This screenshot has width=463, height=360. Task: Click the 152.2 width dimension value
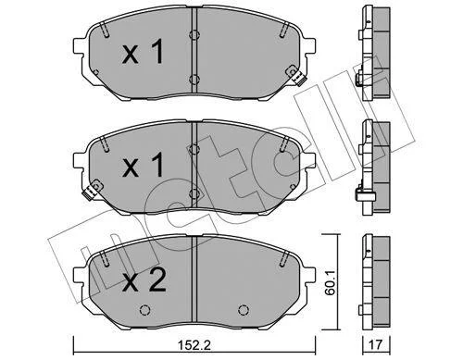194,344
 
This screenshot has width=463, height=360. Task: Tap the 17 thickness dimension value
376,344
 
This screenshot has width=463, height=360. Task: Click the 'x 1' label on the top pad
143,53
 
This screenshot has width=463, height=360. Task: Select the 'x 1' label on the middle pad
143,166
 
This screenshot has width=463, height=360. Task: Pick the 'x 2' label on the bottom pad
144,280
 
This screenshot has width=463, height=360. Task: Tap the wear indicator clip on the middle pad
93,189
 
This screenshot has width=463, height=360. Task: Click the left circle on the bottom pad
144,310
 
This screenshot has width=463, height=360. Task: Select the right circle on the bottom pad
244,310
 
